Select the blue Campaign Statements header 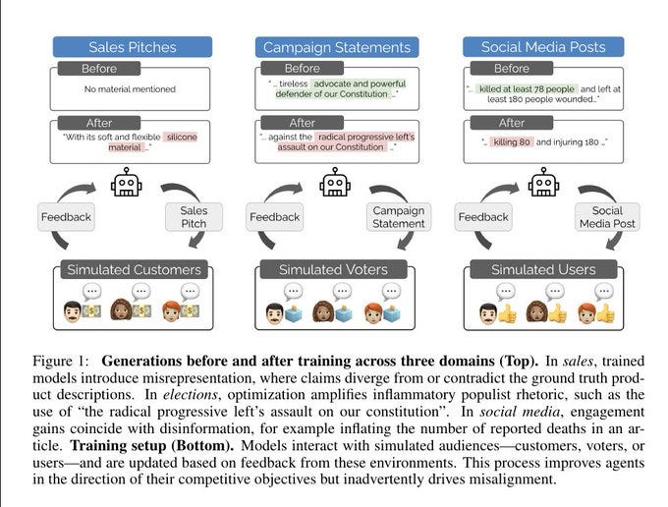[335, 46]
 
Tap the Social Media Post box [607, 216]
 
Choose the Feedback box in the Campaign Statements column [275, 216]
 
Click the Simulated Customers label [133, 269]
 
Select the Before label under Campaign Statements [304, 69]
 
